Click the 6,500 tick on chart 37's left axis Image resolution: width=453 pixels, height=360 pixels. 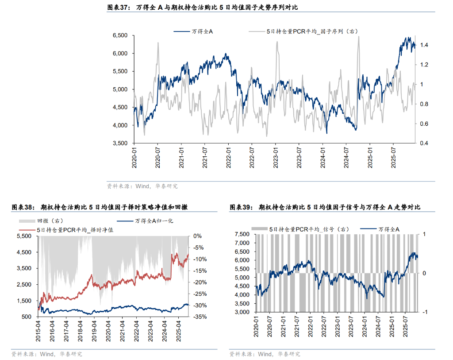tap(120, 35)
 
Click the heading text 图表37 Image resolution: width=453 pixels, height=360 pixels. tap(119, 8)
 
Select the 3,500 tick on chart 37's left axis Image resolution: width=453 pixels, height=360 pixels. tap(120, 143)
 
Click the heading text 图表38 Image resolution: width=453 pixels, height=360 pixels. tap(22, 207)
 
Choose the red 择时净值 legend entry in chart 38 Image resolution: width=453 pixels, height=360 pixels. tap(75, 230)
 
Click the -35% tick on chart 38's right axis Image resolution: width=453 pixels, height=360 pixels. tap(199, 317)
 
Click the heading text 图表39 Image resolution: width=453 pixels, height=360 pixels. tap(241, 207)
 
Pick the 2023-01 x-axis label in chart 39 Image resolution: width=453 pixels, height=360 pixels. tap(338, 327)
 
